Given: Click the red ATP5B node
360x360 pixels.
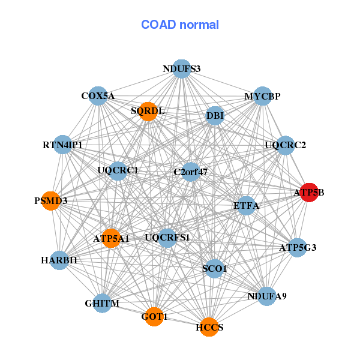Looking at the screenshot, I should [x=309, y=193].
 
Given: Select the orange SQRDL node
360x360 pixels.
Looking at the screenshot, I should [x=148, y=111].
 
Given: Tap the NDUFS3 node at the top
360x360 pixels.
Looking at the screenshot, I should [x=181, y=68].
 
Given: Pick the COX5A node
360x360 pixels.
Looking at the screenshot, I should [x=98, y=95].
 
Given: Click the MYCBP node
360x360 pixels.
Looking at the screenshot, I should [x=262, y=96].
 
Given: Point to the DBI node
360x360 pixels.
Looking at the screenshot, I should [x=215, y=115].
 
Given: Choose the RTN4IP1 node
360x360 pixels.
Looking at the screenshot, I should [x=62, y=145].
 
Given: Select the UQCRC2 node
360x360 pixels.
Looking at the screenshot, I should [x=286, y=145].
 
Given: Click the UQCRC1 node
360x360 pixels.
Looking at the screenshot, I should [x=118, y=170].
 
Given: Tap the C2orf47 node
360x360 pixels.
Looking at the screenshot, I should [x=191, y=172].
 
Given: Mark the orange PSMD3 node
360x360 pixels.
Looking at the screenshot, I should [x=51, y=200].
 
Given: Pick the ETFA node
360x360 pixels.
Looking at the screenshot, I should [x=246, y=206].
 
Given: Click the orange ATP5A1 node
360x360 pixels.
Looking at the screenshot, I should [x=111, y=238].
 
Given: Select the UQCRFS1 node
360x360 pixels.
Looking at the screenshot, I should [x=167, y=238].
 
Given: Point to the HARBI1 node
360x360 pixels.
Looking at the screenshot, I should [x=59, y=260].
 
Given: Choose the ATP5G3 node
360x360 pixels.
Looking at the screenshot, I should [x=298, y=247].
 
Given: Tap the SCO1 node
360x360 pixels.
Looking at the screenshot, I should [x=214, y=268].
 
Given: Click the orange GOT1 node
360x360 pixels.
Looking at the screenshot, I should [x=155, y=316].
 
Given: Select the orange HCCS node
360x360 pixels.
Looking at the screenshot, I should [x=209, y=327].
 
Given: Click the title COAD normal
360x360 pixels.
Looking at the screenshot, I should [x=180, y=25].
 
